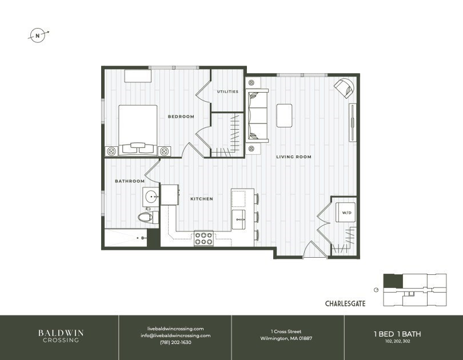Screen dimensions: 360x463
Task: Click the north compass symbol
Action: [38, 35]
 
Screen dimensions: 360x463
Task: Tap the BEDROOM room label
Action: [181, 117]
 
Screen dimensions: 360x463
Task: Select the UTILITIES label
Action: [227, 91]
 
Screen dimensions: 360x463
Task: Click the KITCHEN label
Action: [201, 199]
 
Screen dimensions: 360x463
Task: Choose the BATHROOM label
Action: [130, 181]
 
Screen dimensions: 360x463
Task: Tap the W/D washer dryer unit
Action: [345, 212]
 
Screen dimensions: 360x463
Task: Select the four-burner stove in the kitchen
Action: [204, 238]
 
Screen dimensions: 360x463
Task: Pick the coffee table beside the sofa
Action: [285, 115]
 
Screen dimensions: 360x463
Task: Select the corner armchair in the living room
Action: [345, 87]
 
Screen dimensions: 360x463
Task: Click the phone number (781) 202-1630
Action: [175, 342]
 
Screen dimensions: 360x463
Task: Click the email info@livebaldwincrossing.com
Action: [175, 335]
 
